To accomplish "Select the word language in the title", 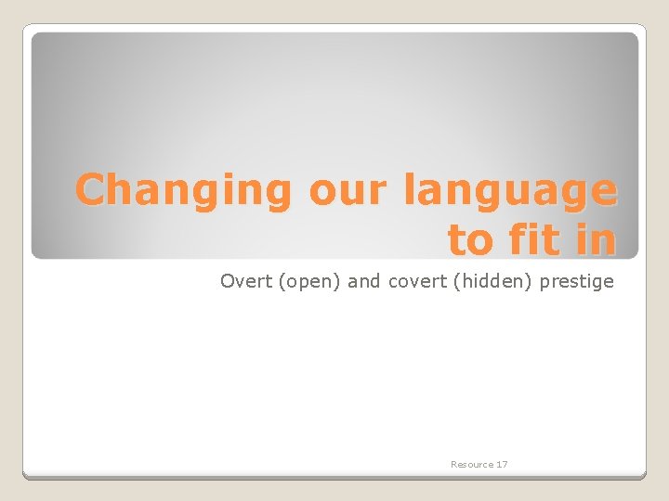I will pyautogui.click(x=510, y=191).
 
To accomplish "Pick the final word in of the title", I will pyautogui.click(x=596, y=239).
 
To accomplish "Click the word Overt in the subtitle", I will pyautogui.click(x=245, y=281).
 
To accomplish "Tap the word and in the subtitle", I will pyautogui.click(x=363, y=281).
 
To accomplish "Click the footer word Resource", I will pyautogui.click(x=472, y=464).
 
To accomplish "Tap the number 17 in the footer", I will pyautogui.click(x=502, y=464).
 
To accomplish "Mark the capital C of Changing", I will pyautogui.click(x=91, y=190).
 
